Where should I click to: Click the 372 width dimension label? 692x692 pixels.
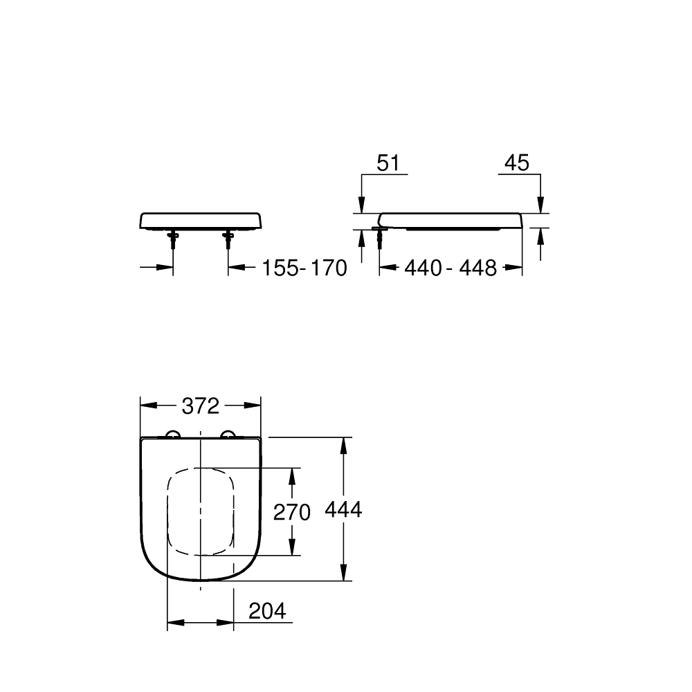coord(201,406)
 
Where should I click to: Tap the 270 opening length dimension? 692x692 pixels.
coord(292,512)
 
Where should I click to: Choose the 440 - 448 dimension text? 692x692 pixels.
coord(450,268)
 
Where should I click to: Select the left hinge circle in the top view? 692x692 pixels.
coord(172,435)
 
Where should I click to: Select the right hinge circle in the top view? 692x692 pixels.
coord(228,435)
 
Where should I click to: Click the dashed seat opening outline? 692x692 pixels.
coord(168,512)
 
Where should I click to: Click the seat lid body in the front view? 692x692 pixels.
coord(201,221)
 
